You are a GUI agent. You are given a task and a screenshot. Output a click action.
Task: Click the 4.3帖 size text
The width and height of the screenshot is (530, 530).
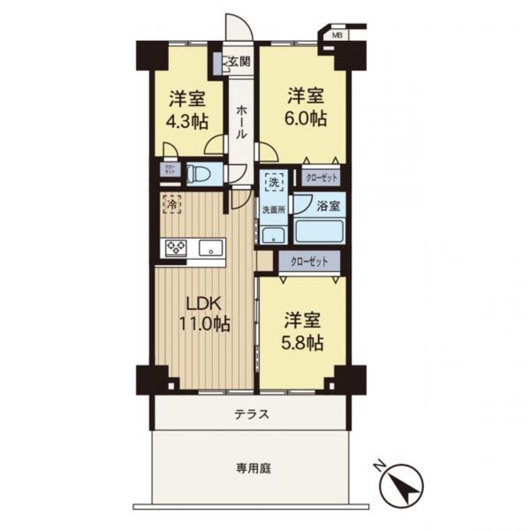(x=187, y=121)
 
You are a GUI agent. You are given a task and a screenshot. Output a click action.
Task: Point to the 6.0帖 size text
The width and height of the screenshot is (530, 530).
(x=306, y=118)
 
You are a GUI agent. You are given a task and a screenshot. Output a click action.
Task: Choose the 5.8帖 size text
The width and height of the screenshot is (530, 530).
(x=305, y=343)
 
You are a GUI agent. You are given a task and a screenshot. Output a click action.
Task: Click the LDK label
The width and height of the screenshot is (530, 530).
(x=205, y=304)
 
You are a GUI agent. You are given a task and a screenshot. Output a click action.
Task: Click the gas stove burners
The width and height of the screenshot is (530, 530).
(x=176, y=247)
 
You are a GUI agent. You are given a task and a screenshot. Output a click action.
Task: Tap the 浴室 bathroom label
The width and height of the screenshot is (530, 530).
(x=329, y=207)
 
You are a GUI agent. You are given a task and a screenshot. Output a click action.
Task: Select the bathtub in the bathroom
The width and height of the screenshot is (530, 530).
(x=319, y=232)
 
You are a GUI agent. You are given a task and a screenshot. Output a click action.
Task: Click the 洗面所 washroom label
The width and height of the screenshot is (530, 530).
(x=273, y=209)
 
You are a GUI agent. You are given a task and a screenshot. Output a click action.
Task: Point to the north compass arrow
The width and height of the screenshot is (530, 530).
(x=401, y=487)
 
